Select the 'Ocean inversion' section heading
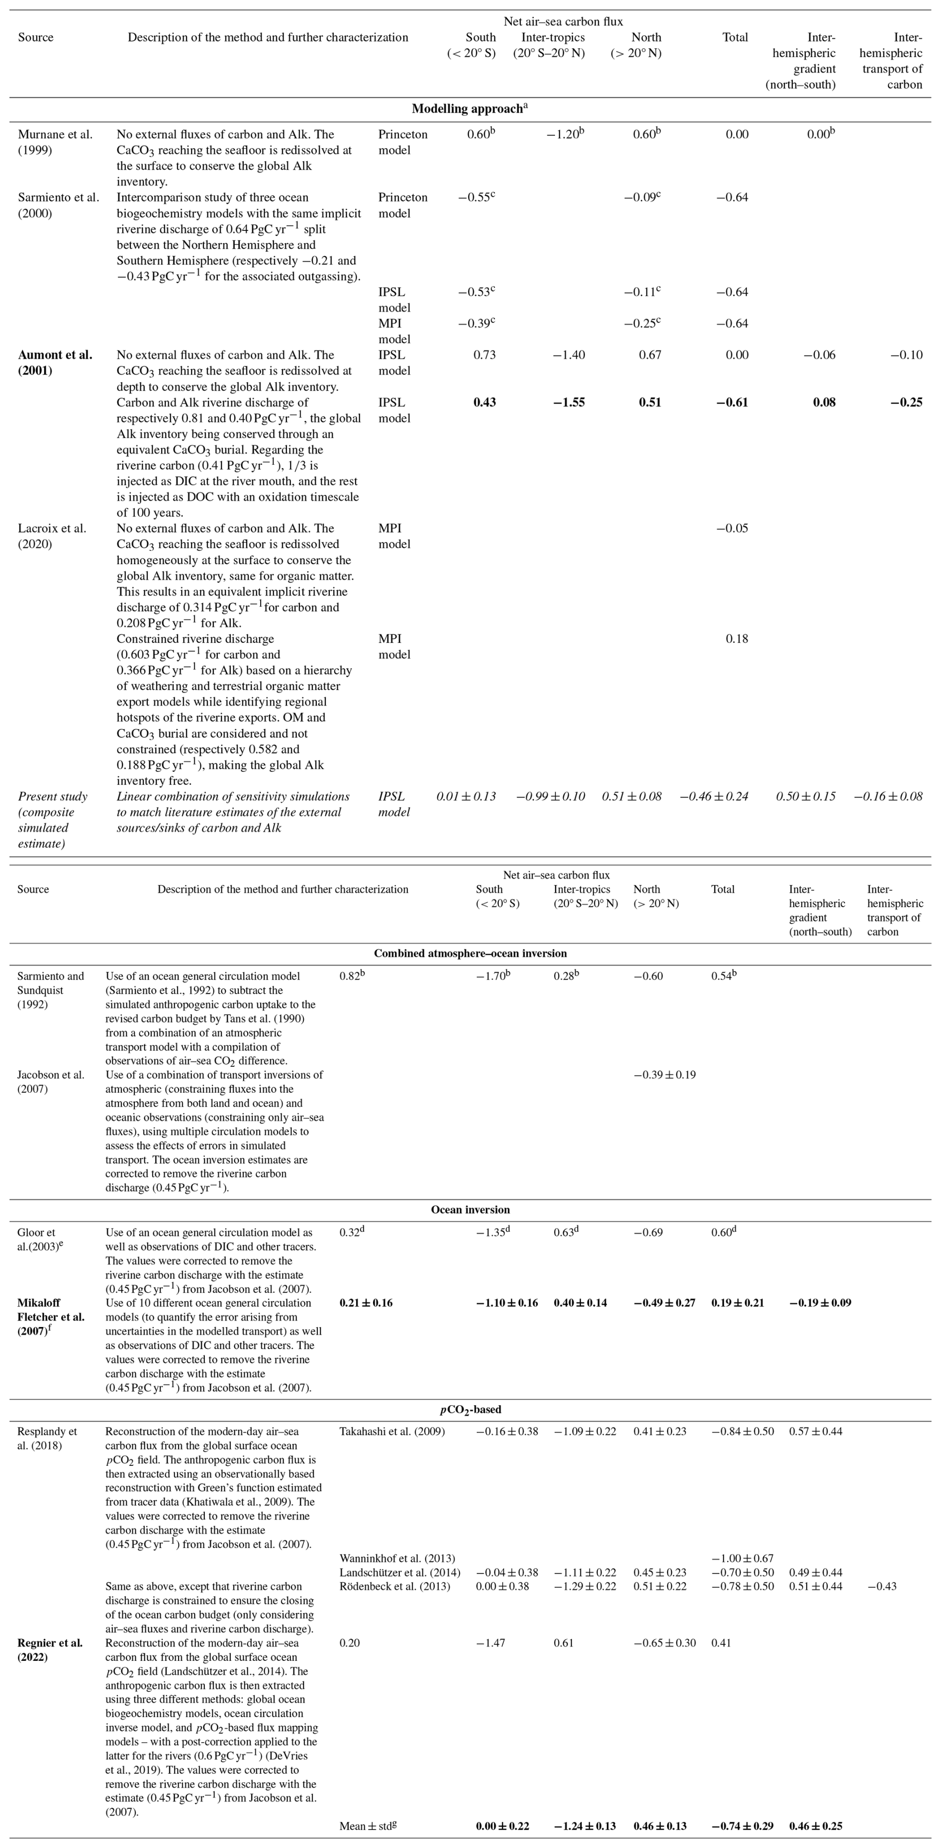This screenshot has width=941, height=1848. (470, 1210)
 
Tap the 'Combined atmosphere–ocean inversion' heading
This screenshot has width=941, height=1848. (470, 953)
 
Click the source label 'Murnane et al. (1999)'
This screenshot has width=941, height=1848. (55, 142)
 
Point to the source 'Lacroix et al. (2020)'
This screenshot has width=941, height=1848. (52, 536)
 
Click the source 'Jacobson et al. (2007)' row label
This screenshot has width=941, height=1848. (50, 1081)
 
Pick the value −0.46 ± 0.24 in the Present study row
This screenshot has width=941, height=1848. (714, 796)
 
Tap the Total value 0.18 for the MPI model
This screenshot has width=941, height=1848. (737, 638)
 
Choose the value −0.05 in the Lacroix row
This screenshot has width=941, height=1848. (732, 528)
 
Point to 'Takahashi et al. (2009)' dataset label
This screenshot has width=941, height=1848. (391, 1431)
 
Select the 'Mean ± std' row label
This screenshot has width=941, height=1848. (367, 1826)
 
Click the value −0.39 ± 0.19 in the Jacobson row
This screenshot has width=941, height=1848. (664, 1075)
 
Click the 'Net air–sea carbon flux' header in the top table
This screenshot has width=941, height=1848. (563, 21)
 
